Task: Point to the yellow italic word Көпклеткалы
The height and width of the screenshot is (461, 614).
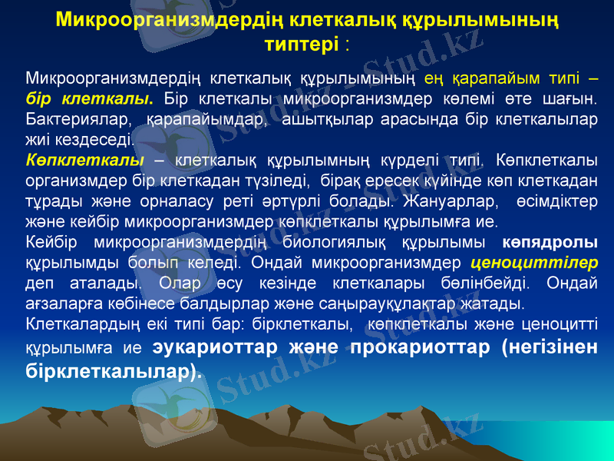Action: coord(84,161)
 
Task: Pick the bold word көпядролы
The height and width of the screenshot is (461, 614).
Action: coord(550,242)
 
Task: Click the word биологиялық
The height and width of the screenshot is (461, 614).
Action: coord(337,242)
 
